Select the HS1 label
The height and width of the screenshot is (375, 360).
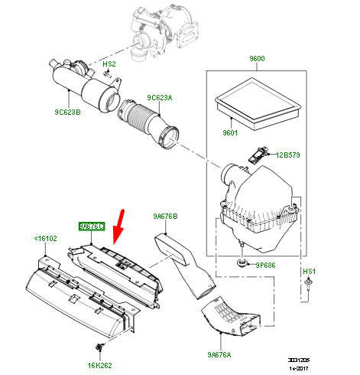pyautogui.click(x=309, y=272)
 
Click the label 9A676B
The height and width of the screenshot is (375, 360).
pyautogui.click(x=164, y=217)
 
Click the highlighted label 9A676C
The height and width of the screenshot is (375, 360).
pyautogui.click(x=91, y=227)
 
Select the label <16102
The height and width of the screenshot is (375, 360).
pyautogui.click(x=45, y=238)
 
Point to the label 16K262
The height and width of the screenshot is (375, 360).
pyautogui.click(x=99, y=366)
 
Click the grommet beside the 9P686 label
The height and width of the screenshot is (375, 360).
pyautogui.click(x=242, y=264)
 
